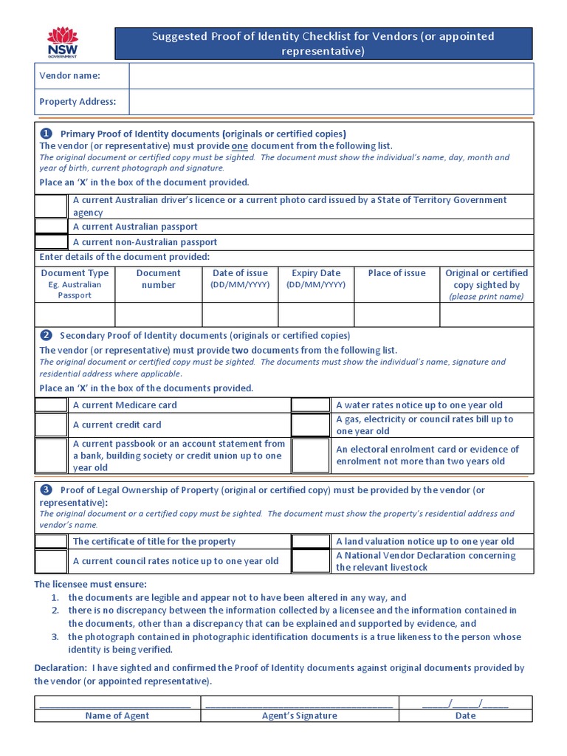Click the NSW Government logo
click(62, 42)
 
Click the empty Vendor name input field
click(331, 75)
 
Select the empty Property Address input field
click(331, 102)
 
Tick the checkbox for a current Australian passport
click(51, 227)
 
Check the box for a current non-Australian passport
click(51, 241)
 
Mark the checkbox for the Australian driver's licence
click(51, 206)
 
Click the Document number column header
click(158, 278)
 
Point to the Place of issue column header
click(396, 273)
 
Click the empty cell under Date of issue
click(240, 315)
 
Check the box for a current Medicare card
click(51, 405)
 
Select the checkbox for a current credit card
click(51, 425)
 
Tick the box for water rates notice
click(310, 405)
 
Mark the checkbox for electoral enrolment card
click(310, 455)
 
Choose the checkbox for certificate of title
click(51, 541)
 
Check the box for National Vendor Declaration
click(310, 561)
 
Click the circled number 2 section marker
click(46, 335)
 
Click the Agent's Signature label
click(299, 715)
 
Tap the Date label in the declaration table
click(465, 715)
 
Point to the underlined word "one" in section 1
click(240, 145)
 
